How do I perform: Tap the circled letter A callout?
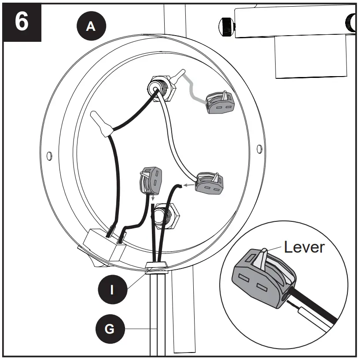91,26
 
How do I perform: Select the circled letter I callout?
112,289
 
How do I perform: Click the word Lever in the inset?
304,247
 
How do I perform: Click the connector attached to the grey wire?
220,104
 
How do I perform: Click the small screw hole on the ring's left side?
49,154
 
